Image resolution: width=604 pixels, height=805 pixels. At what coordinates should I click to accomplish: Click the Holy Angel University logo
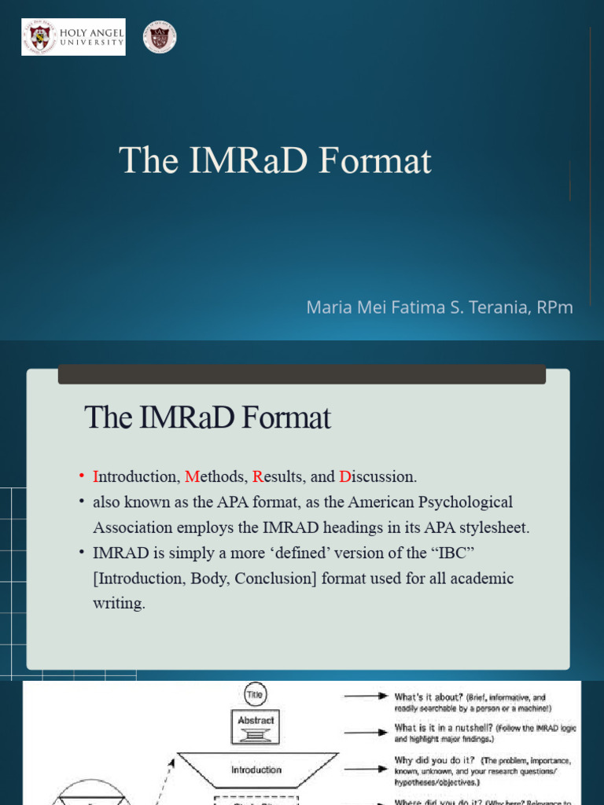pos(72,38)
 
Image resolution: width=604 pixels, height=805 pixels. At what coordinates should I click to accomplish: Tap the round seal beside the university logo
pos(159,38)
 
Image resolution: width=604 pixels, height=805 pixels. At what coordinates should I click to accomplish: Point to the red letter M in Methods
pos(190,476)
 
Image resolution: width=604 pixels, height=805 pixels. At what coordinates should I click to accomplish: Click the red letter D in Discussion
pos(344,476)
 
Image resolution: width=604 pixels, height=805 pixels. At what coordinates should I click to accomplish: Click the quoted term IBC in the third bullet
pos(451,553)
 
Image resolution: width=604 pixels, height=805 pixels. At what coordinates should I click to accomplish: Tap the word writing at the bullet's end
pos(119,605)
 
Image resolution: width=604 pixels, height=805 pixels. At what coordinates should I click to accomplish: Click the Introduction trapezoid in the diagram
pos(256,770)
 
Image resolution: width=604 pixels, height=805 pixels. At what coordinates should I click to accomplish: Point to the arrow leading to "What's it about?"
pos(366,697)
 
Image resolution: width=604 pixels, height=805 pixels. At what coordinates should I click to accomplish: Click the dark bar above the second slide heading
pos(301,374)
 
